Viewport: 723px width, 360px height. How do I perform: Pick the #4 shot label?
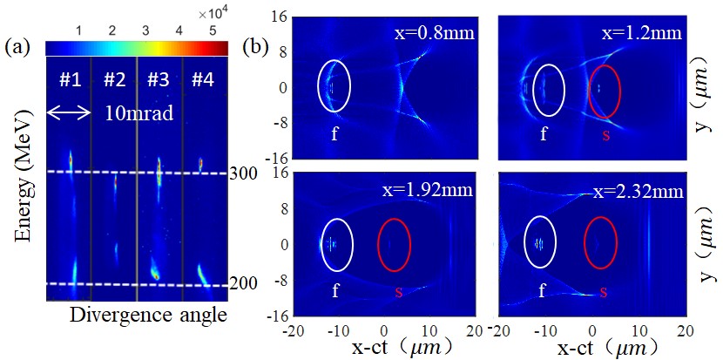(x=202, y=80)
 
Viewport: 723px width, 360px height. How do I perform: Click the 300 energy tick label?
(x=241, y=173)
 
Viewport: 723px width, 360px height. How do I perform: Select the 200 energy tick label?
(x=241, y=285)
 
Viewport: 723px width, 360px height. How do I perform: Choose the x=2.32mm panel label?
(x=639, y=189)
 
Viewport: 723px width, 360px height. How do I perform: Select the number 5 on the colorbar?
(x=213, y=31)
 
